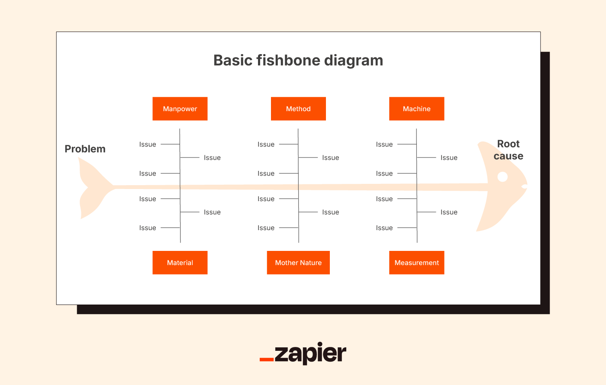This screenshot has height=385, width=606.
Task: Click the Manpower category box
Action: click(x=180, y=109)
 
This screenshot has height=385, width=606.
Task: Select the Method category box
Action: click(x=298, y=109)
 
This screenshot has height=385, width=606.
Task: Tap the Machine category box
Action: click(x=416, y=109)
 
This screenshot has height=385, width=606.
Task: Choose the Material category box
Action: click(x=180, y=263)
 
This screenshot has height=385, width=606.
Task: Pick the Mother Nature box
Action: click(x=298, y=263)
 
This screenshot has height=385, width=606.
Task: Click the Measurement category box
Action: click(x=416, y=263)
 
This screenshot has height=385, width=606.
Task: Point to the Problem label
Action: click(x=85, y=149)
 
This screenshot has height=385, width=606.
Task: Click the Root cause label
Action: click(x=508, y=150)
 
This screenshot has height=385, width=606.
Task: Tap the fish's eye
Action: click(x=502, y=176)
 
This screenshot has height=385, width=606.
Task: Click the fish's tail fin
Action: click(x=89, y=188)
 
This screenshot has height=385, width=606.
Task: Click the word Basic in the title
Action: click(x=233, y=60)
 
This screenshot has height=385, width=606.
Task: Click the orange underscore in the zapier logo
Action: click(x=267, y=359)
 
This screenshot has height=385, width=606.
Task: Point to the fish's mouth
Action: click(x=524, y=186)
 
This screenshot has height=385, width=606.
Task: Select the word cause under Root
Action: click(x=508, y=156)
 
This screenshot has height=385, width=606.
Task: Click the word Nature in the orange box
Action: click(x=311, y=263)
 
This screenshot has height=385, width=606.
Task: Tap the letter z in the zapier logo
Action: click(x=282, y=354)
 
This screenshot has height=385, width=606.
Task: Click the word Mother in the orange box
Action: click(x=286, y=263)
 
